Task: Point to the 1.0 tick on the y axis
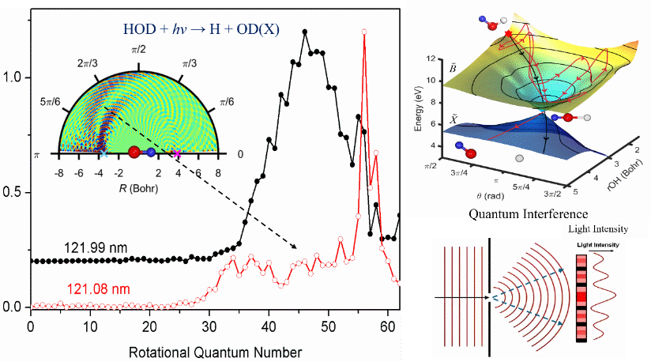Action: [x=13, y=78]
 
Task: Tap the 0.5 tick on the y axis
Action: [x=13, y=193]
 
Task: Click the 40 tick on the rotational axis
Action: [x=269, y=326]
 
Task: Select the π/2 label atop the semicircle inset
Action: [x=137, y=50]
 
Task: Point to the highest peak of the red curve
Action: [x=364, y=32]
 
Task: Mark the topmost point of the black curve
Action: [x=305, y=32]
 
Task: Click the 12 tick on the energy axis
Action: [x=431, y=59]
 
